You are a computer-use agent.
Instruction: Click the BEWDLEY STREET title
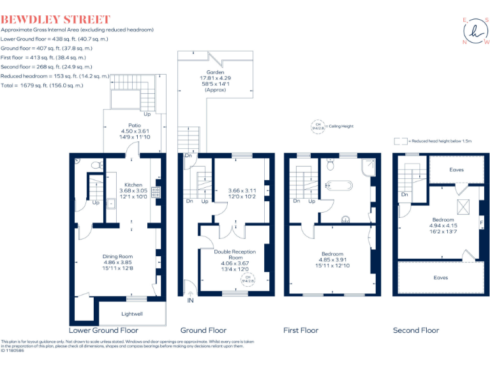(x=56, y=20)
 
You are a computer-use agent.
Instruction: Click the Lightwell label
(x=133, y=313)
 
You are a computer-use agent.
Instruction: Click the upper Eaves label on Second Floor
(x=456, y=170)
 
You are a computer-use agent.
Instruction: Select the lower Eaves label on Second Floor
(x=440, y=278)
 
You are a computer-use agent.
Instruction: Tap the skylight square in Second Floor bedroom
(x=464, y=206)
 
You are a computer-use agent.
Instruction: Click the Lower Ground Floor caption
(x=103, y=330)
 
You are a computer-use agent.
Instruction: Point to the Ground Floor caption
(x=203, y=330)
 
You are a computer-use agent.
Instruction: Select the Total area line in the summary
(x=42, y=85)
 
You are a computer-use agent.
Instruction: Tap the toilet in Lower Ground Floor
(x=96, y=165)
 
